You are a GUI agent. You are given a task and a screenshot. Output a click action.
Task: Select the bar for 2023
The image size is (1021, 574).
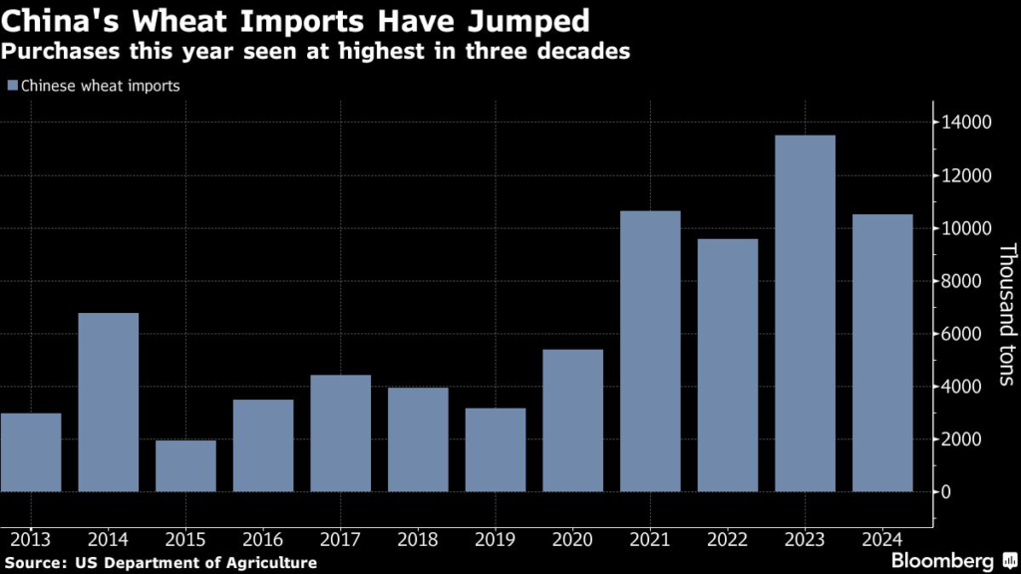[805, 313]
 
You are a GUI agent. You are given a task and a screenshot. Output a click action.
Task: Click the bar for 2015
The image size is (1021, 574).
[185, 465]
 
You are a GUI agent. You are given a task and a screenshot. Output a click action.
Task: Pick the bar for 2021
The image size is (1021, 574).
[650, 351]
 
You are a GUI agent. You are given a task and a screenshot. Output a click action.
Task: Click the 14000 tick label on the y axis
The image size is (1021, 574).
[967, 123]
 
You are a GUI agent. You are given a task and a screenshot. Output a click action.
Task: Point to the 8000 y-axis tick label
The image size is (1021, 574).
[963, 281]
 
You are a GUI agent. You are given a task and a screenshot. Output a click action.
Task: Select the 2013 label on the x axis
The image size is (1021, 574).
[30, 539]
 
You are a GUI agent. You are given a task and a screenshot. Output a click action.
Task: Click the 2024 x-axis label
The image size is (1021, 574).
[882, 539]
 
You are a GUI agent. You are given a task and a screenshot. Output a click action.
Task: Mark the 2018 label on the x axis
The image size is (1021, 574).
[418, 539]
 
